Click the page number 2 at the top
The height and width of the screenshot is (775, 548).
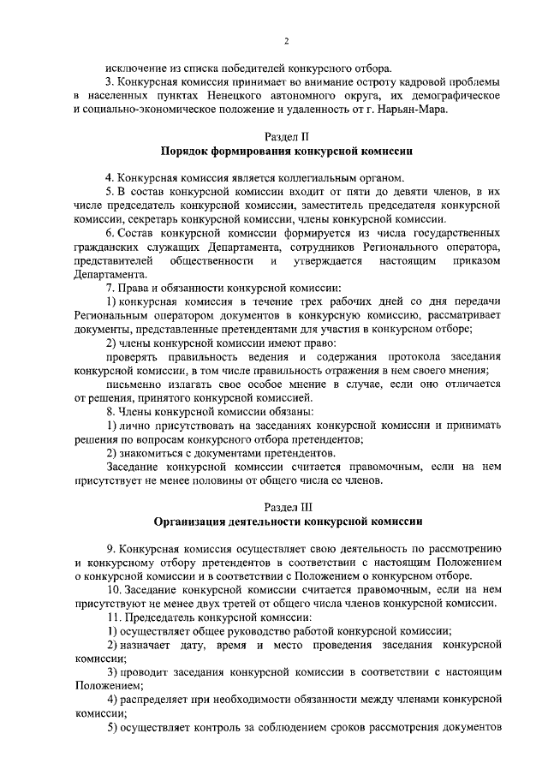point(286,41)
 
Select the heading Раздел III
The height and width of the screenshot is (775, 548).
point(287,506)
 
